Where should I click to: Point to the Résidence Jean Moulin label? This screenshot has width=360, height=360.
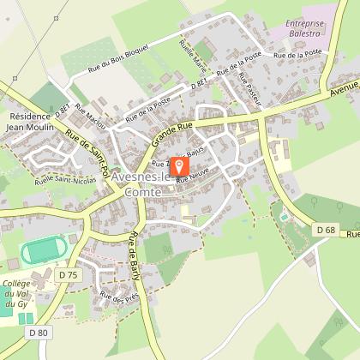(31, 121)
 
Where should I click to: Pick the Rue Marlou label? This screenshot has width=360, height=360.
(90, 116)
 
